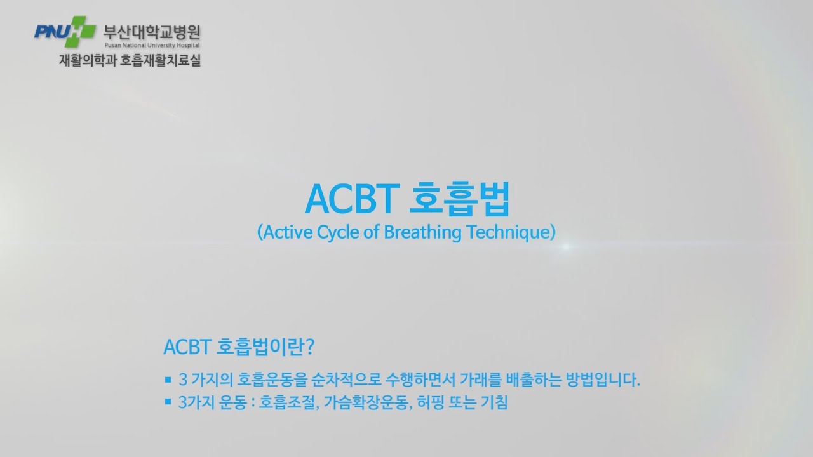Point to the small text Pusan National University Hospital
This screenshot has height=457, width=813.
[x=151, y=46]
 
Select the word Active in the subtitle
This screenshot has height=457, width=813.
[x=281, y=232]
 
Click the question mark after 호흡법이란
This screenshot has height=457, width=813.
[x=311, y=347]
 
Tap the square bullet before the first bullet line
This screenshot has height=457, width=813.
[x=168, y=380]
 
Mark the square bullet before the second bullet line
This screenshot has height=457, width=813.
[x=168, y=402]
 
